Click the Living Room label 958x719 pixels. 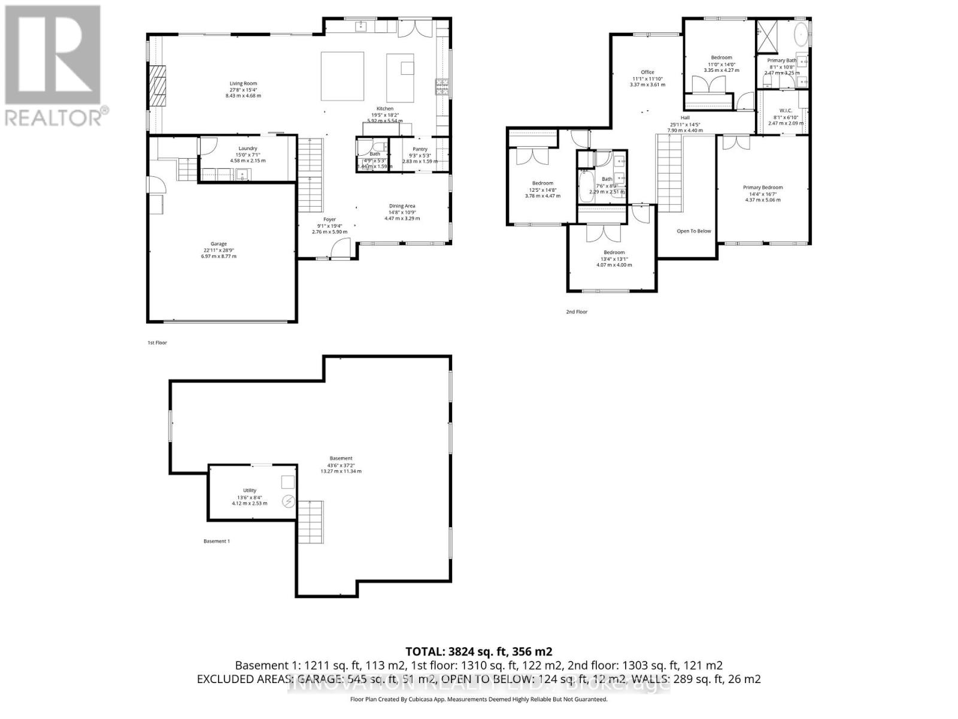point(243,84)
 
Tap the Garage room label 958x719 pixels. point(219,244)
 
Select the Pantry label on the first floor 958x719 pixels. point(420,149)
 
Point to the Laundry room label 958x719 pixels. point(247,149)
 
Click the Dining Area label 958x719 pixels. point(402,206)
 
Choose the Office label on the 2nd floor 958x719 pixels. point(647,72)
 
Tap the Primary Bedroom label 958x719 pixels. point(763,188)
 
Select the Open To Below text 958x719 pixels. point(694,231)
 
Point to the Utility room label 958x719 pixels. point(249,491)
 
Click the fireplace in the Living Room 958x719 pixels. point(159,85)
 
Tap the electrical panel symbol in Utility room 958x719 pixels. point(288,501)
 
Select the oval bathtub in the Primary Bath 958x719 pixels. point(801,35)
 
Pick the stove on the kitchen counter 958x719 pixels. point(442,87)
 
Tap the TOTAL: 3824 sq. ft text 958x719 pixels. point(478,651)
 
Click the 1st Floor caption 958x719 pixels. point(157,343)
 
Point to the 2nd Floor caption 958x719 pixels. point(577,312)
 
